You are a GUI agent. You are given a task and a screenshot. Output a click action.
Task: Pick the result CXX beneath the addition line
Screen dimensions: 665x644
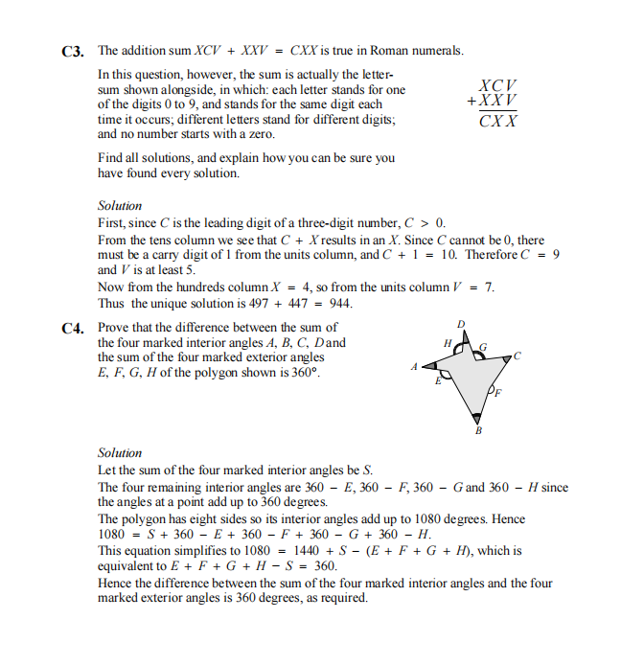pyautogui.click(x=498, y=122)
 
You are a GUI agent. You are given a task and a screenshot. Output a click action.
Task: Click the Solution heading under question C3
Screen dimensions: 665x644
pyautogui.click(x=120, y=206)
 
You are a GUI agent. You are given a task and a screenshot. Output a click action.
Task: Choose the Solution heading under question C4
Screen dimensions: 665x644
pyautogui.click(x=120, y=452)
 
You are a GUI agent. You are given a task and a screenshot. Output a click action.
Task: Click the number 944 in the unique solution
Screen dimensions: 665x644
pyautogui.click(x=339, y=304)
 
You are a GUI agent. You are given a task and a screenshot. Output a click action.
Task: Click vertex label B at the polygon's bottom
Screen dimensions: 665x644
pyautogui.click(x=479, y=431)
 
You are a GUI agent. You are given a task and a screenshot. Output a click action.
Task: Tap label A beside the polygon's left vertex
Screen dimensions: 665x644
pyautogui.click(x=414, y=366)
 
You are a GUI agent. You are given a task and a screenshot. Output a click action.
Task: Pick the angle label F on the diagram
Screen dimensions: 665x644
pyautogui.click(x=496, y=393)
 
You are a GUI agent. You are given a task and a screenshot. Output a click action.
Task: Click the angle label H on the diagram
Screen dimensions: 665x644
pyautogui.click(x=446, y=342)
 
